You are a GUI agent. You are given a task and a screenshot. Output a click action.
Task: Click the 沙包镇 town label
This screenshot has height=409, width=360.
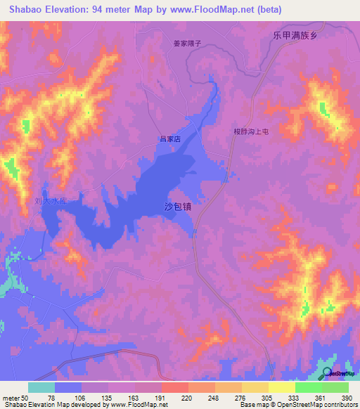tap(177, 207)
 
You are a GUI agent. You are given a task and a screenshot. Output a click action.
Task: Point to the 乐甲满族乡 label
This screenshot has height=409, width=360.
tap(296, 35)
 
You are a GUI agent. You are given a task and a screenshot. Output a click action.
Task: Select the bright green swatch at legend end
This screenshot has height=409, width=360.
tap(335, 387)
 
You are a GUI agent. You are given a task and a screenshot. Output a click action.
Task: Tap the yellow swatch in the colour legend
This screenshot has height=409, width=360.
tap(282, 387)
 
